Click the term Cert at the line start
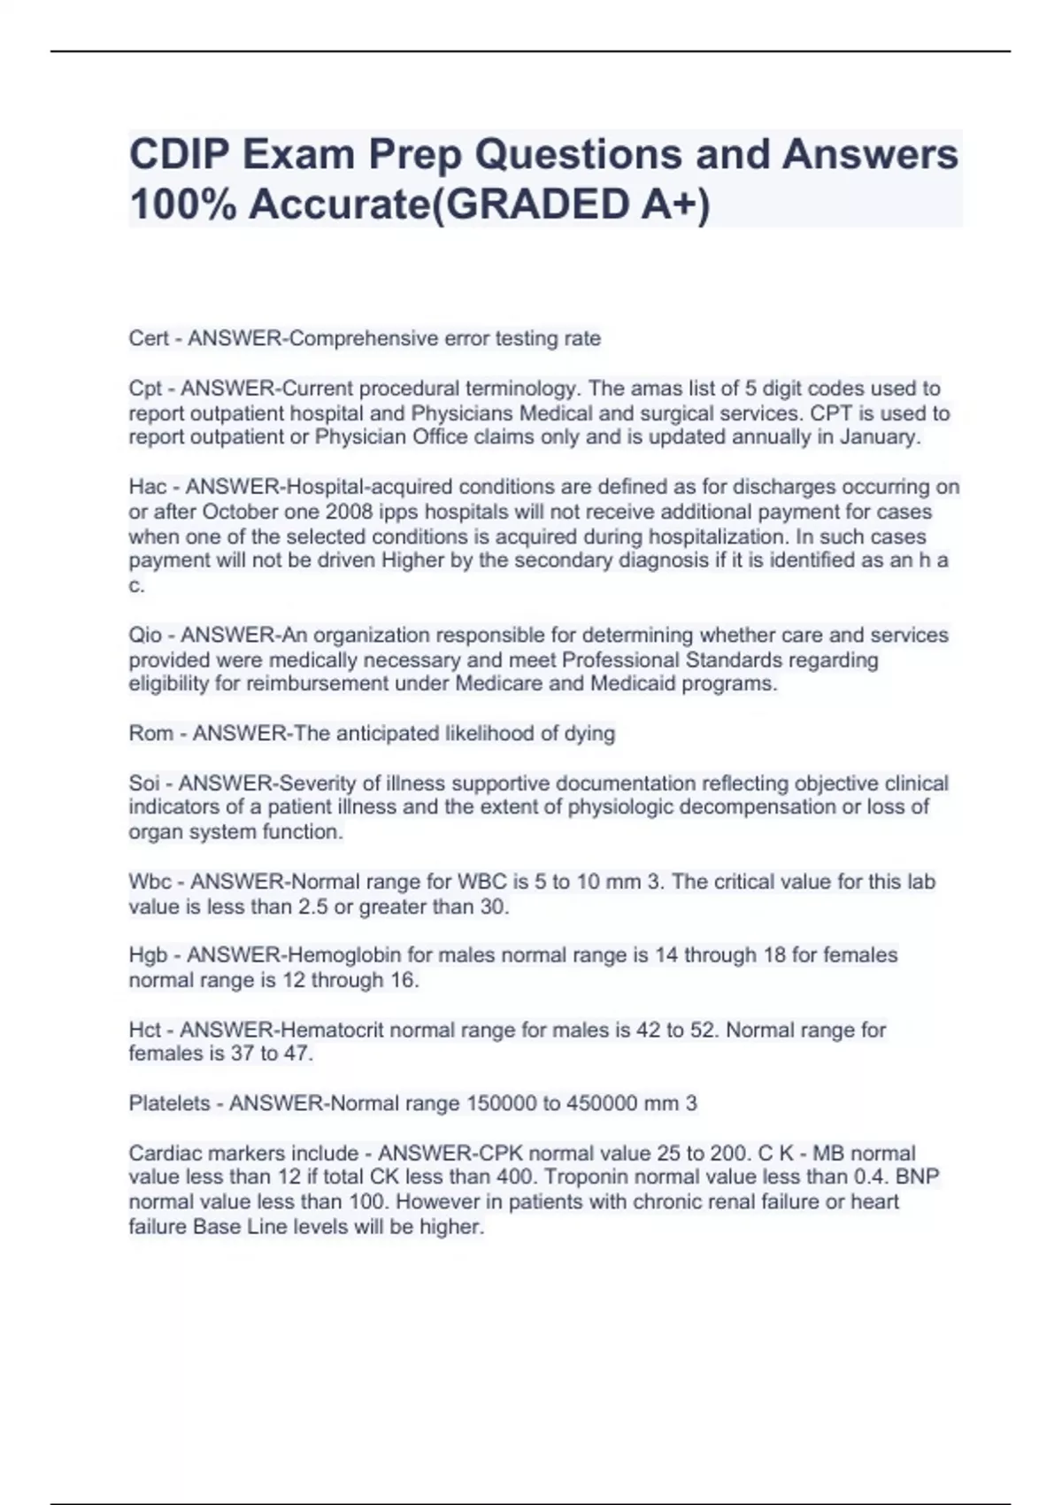pos(150,338)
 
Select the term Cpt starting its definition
pos(146,389)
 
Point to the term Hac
pos(148,487)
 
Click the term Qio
pos(146,636)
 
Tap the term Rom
pos(151,734)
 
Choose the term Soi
pos(145,783)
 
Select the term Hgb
pos(149,955)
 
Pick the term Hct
pos(146,1030)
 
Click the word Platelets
pos(170,1103)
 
